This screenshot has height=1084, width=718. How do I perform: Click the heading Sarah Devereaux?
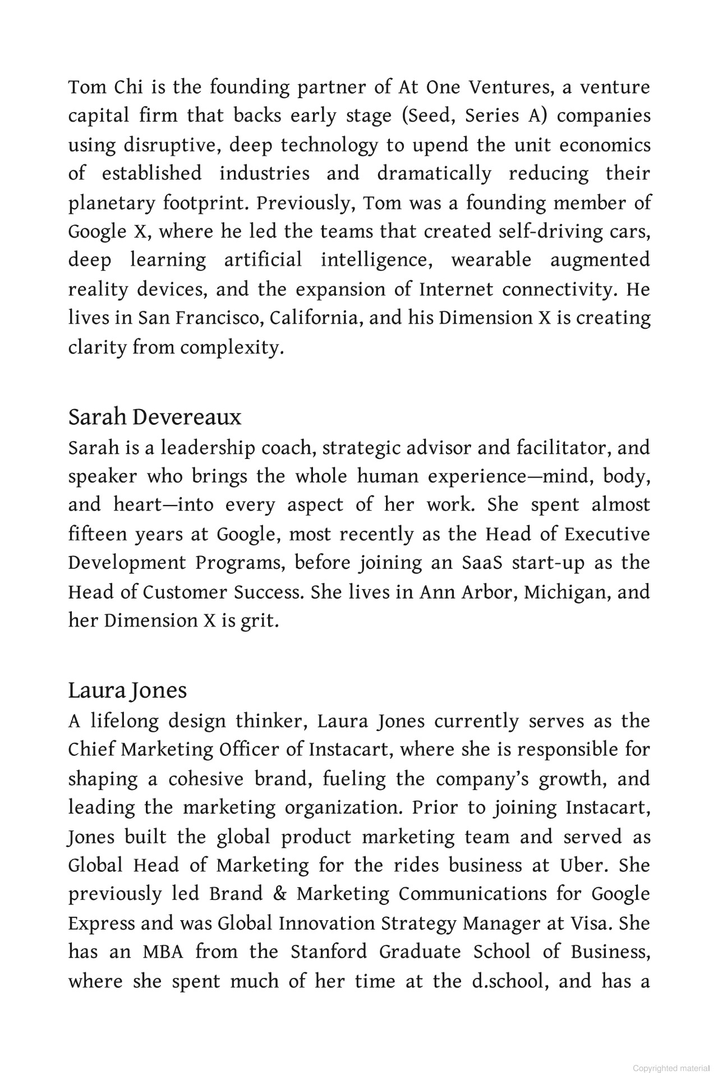(x=155, y=417)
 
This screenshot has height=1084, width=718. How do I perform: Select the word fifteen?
(x=98, y=534)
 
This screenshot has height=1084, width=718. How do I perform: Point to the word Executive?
(x=607, y=534)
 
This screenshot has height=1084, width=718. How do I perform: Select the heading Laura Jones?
(x=127, y=691)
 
